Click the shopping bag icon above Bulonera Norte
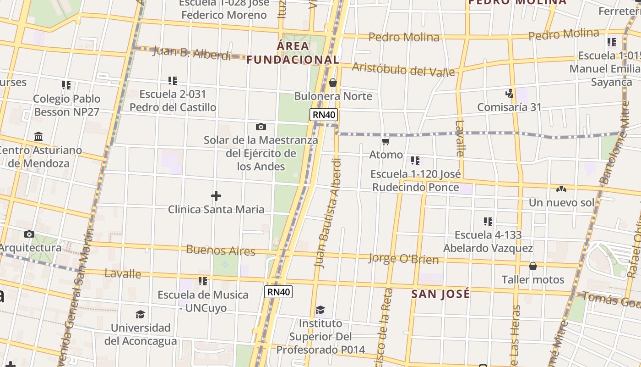pyautogui.click(x=333, y=83)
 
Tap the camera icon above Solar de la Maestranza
pyautogui.click(x=261, y=127)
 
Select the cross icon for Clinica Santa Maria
pyautogui.click(x=216, y=196)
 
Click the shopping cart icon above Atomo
pyautogui.click(x=386, y=141)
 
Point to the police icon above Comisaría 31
pyautogui.click(x=509, y=94)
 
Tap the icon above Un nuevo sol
pyautogui.click(x=561, y=189)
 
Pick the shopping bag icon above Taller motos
pyautogui.click(x=533, y=266)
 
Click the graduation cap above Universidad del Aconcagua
pyautogui.click(x=140, y=314)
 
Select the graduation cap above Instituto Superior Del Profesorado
pyautogui.click(x=320, y=310)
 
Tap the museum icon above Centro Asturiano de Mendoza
pyautogui.click(x=38, y=137)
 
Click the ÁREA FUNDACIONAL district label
pyautogui.click(x=293, y=53)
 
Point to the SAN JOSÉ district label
pyautogui.click(x=440, y=294)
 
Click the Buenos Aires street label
pyautogui.click(x=221, y=250)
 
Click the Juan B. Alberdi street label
pyautogui.click(x=192, y=53)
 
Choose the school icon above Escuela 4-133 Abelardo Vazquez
pyautogui.click(x=488, y=222)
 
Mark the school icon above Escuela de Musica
pyautogui.click(x=203, y=281)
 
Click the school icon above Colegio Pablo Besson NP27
pyautogui.click(x=66, y=85)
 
